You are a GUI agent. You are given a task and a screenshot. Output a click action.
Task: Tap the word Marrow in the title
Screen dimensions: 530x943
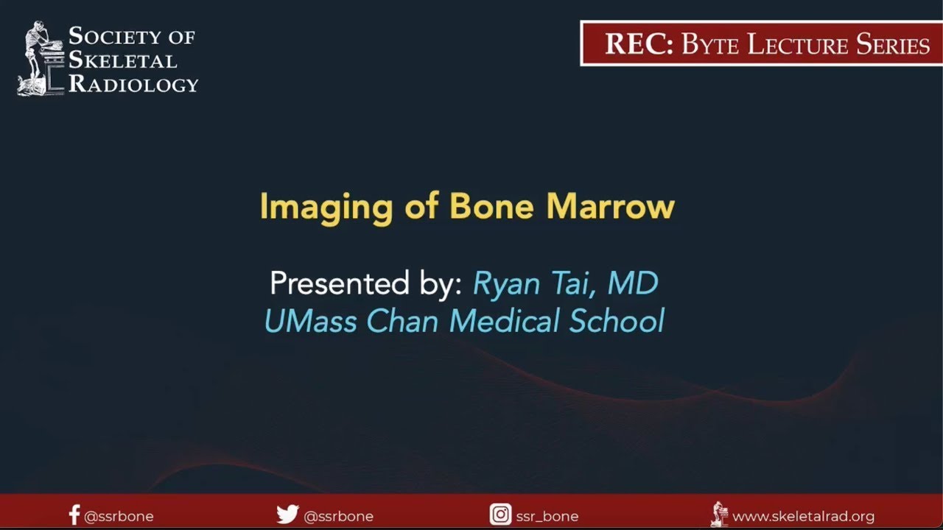(611, 207)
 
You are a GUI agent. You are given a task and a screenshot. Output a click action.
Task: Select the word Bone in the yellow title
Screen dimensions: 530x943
(493, 207)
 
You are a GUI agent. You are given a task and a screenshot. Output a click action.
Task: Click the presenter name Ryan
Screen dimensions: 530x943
(508, 284)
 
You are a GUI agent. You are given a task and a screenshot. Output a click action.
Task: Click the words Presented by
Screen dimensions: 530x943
(365, 284)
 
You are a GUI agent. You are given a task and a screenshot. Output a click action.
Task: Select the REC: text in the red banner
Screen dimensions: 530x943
(639, 45)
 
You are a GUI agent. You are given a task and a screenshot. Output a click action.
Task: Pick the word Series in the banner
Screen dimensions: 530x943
(892, 45)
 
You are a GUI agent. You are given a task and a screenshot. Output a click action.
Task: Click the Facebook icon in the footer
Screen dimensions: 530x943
(74, 515)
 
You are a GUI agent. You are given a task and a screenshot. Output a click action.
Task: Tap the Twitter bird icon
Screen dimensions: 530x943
(287, 515)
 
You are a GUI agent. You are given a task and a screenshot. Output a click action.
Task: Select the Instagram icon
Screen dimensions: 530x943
(500, 515)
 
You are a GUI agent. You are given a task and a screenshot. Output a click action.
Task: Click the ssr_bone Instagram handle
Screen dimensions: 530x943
(547, 516)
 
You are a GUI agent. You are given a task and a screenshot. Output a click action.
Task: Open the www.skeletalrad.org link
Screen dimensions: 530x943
(803, 516)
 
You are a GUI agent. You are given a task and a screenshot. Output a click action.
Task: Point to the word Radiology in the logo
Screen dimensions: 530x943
(133, 84)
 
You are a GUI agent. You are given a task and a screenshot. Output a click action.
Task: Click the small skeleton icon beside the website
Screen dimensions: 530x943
(719, 514)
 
